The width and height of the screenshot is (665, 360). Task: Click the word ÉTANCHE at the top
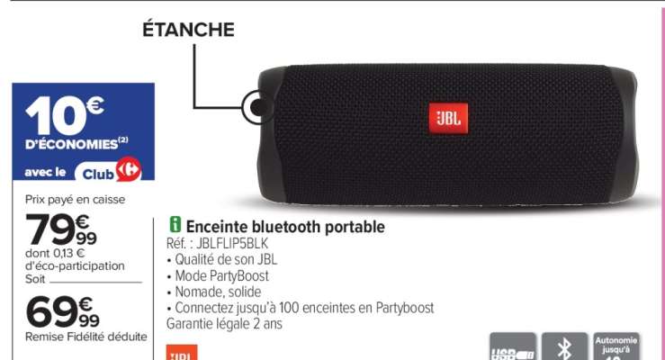click(x=189, y=31)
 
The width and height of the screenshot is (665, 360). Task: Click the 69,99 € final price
click(x=63, y=310)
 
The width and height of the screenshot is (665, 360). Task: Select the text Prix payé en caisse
click(x=76, y=199)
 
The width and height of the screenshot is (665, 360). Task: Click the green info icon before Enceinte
click(x=175, y=226)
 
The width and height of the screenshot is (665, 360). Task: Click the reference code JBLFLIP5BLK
click(x=217, y=243)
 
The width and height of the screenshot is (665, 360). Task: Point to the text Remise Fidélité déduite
click(x=86, y=337)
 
